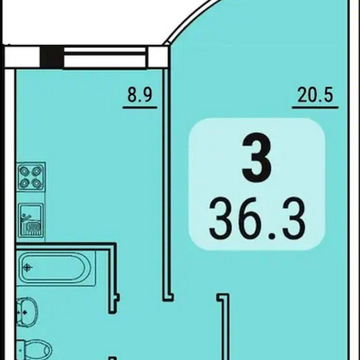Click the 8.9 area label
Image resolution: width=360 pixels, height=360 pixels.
[x=140, y=95]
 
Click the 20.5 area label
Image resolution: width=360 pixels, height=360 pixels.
[x=315, y=95]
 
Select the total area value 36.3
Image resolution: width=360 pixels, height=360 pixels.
[x=257, y=218]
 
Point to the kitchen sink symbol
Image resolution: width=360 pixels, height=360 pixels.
[x=31, y=220]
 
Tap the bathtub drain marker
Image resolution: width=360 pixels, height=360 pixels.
[x=28, y=268]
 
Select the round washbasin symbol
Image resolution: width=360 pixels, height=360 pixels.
[x=27, y=312]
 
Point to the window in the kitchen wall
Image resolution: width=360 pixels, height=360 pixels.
[x=105, y=57]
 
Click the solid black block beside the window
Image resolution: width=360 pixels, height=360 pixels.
[x=52, y=57]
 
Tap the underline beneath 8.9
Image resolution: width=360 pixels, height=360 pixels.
[x=140, y=107]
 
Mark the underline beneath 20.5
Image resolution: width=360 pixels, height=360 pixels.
[x=315, y=107]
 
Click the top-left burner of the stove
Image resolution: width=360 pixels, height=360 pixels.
[x=24, y=171]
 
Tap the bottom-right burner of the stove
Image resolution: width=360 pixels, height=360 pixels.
[x=37, y=183]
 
